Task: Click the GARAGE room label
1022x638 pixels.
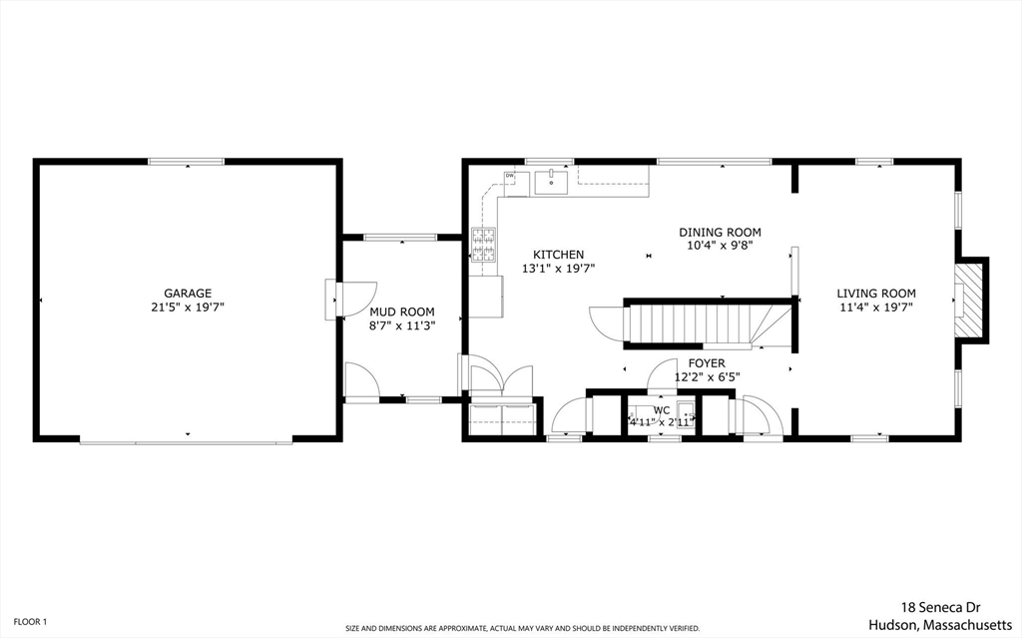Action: pyautogui.click(x=188, y=294)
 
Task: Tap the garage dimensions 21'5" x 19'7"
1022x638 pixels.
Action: pyautogui.click(x=188, y=308)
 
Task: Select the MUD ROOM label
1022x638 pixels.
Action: pyautogui.click(x=401, y=312)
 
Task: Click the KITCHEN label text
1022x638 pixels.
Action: pyautogui.click(x=558, y=255)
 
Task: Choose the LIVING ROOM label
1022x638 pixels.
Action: pyautogui.click(x=875, y=294)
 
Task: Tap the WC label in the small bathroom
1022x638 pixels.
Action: pyautogui.click(x=661, y=410)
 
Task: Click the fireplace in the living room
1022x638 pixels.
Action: pyautogui.click(x=968, y=302)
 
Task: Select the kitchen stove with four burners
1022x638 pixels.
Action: pyautogui.click(x=484, y=246)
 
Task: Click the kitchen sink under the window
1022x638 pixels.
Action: pyautogui.click(x=551, y=182)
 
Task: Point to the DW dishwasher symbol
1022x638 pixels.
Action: pyautogui.click(x=510, y=177)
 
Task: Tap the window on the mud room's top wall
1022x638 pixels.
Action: pyautogui.click(x=399, y=237)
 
